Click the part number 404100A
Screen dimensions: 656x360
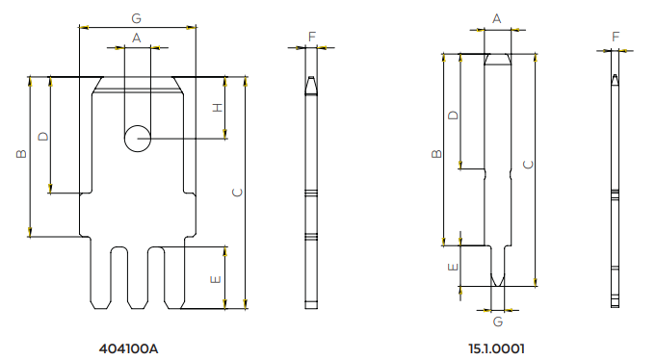[128, 348]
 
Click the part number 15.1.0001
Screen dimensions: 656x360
[496, 348]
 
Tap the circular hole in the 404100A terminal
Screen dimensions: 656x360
[137, 139]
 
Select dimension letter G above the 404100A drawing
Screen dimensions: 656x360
[137, 18]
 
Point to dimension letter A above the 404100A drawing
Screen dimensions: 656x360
[137, 39]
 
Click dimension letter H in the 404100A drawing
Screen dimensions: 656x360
[218, 108]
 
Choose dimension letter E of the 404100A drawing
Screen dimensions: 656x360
[216, 279]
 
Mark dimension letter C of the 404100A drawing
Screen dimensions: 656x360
[237, 193]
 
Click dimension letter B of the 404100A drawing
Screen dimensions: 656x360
[21, 154]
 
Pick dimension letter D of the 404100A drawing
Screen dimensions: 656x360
[43, 137]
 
